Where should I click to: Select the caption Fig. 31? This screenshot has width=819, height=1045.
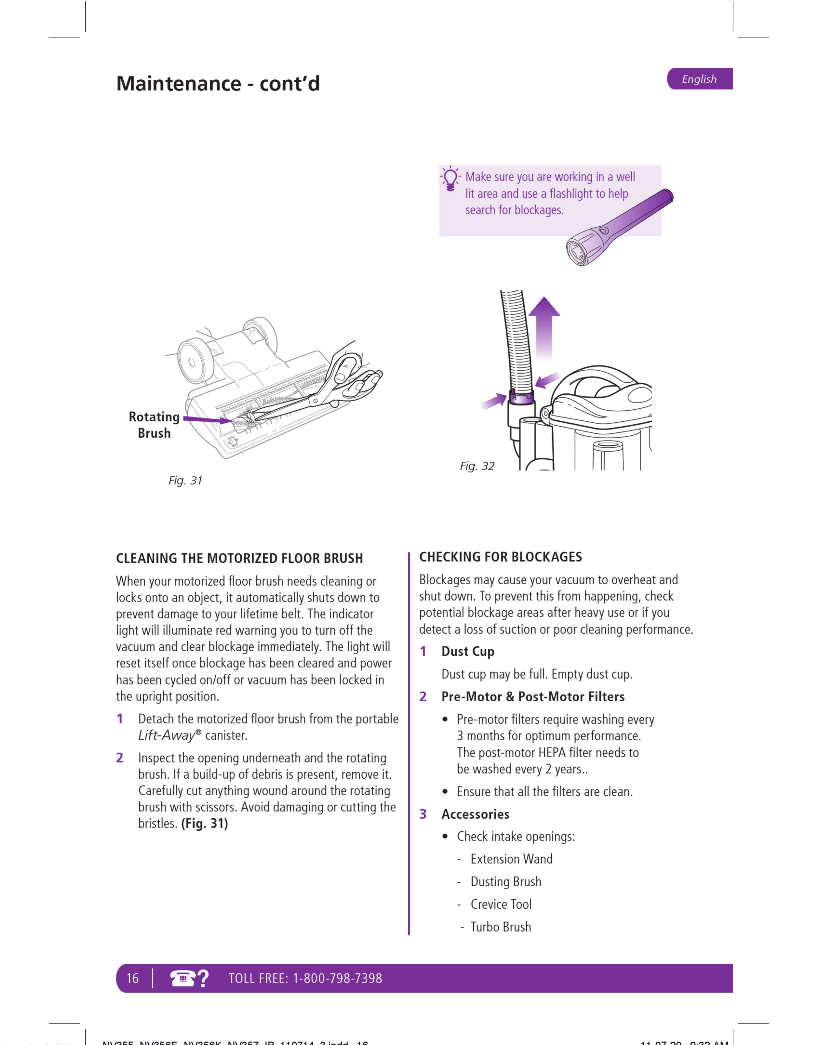point(185,480)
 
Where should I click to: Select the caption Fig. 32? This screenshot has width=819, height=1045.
point(477,466)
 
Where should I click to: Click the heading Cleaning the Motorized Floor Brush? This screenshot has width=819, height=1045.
point(239,558)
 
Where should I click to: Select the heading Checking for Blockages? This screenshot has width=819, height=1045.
point(501,557)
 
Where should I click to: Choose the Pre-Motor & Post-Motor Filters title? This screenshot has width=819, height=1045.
point(533,697)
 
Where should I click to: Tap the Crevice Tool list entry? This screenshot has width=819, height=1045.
point(501,904)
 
